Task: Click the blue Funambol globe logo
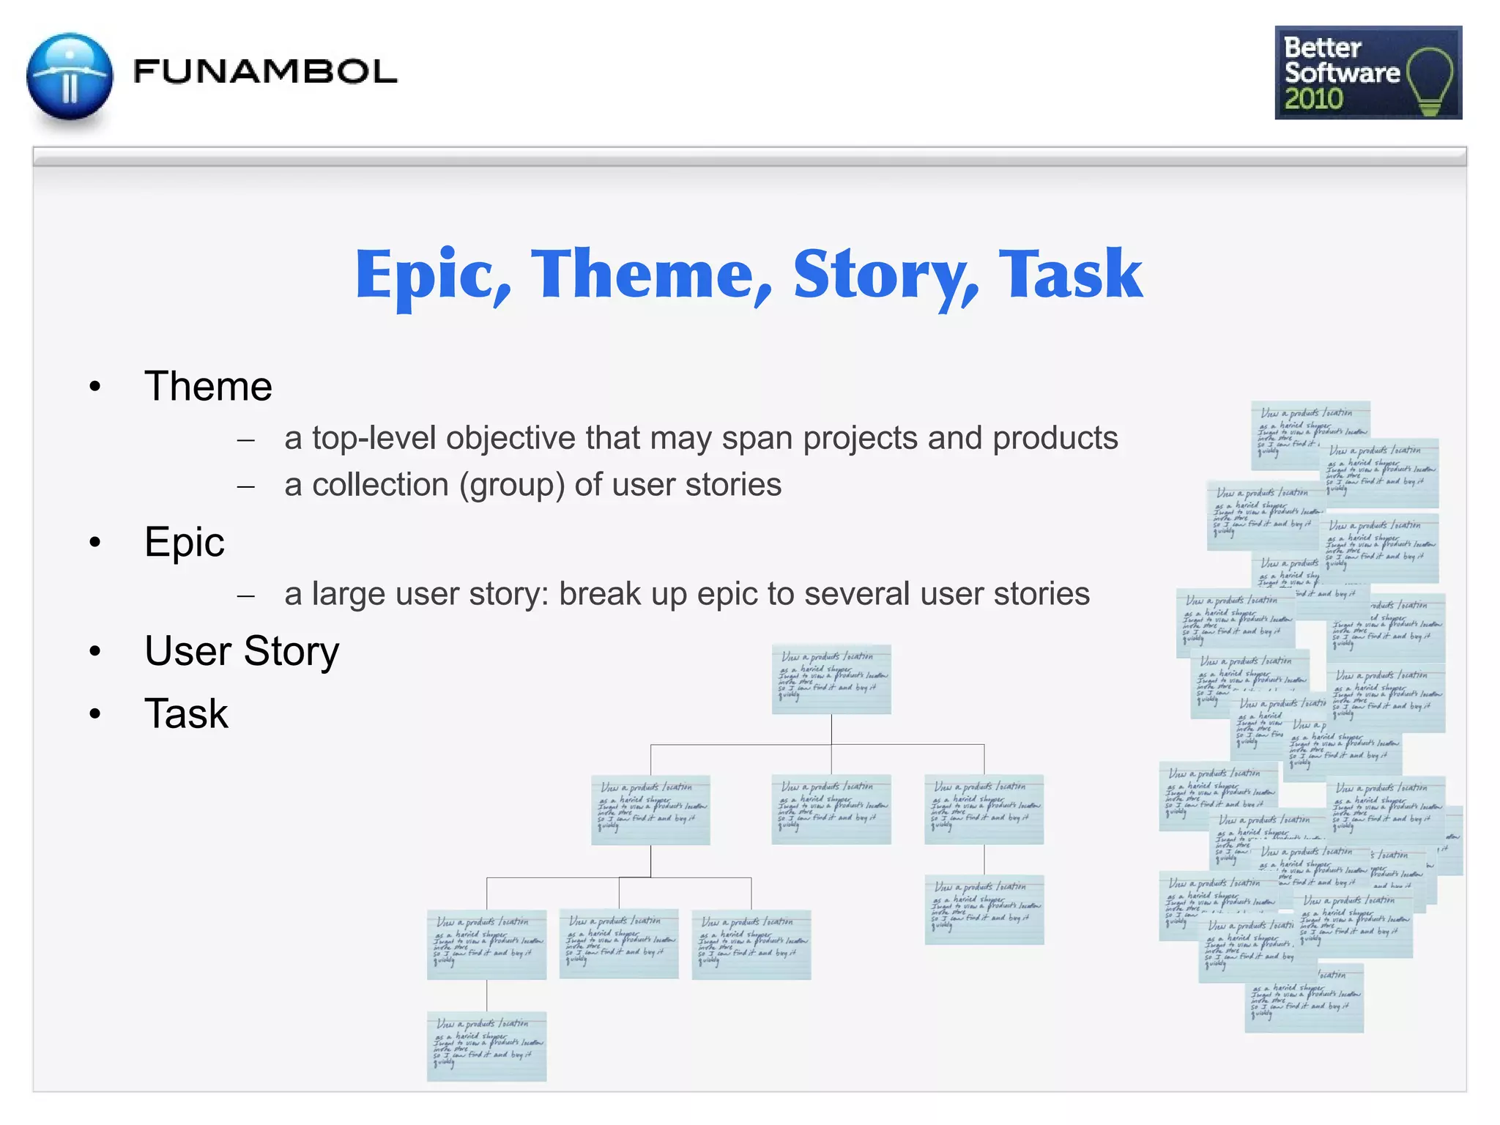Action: click(x=70, y=77)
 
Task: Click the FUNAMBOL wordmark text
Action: click(x=264, y=72)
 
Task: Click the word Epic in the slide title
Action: click(x=433, y=275)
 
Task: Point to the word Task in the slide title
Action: click(x=1070, y=275)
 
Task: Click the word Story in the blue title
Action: click(x=885, y=275)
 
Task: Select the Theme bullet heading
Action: click(x=208, y=387)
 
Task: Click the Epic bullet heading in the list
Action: click(x=184, y=543)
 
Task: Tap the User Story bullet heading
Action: click(x=242, y=651)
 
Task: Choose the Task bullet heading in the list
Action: click(x=186, y=714)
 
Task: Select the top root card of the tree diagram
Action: click(x=831, y=679)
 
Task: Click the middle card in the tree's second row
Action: click(x=831, y=809)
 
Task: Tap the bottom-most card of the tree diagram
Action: click(x=486, y=1046)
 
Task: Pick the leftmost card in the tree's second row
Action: click(x=650, y=809)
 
